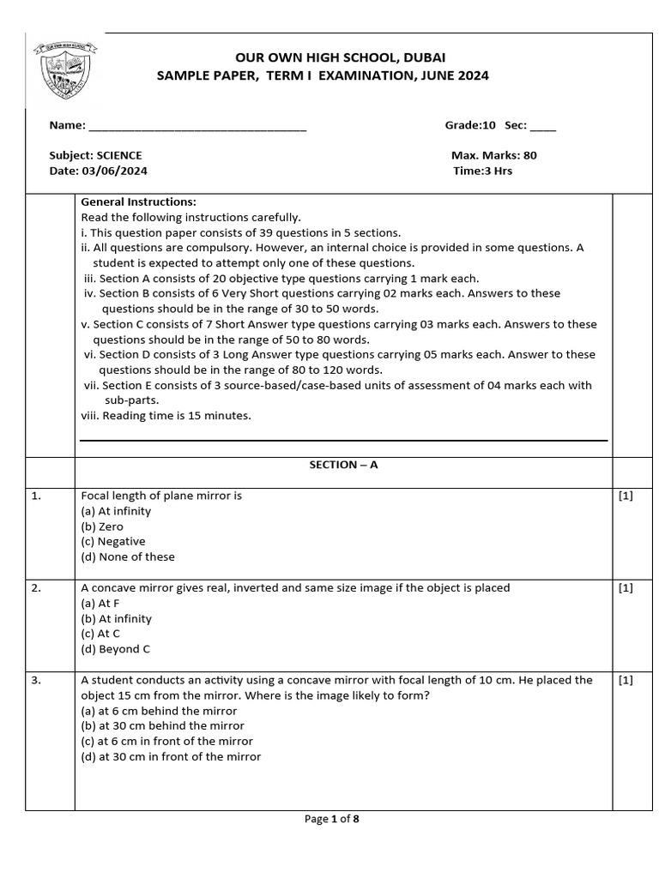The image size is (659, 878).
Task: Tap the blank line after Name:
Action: click(x=197, y=126)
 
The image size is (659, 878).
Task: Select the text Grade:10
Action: click(x=470, y=125)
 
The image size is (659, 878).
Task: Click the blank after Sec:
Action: click(x=542, y=126)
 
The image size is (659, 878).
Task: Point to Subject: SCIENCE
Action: click(x=96, y=155)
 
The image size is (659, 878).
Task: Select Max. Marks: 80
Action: click(x=493, y=155)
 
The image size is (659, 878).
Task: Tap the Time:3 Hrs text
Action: click(x=482, y=171)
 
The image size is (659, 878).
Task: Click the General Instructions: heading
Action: click(x=138, y=202)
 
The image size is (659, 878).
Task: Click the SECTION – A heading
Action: click(x=343, y=465)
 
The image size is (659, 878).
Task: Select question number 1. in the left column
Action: click(x=37, y=496)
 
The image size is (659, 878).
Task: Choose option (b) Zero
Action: click(x=102, y=526)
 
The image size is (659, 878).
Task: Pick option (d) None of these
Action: click(x=128, y=556)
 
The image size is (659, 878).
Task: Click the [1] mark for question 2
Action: click(x=625, y=588)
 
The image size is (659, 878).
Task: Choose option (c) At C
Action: click(x=100, y=634)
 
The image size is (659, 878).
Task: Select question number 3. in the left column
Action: click(x=37, y=680)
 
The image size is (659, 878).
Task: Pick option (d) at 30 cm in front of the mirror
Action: click(x=171, y=756)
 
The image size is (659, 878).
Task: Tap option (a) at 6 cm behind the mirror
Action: click(x=159, y=711)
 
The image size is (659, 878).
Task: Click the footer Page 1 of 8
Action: click(x=331, y=819)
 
